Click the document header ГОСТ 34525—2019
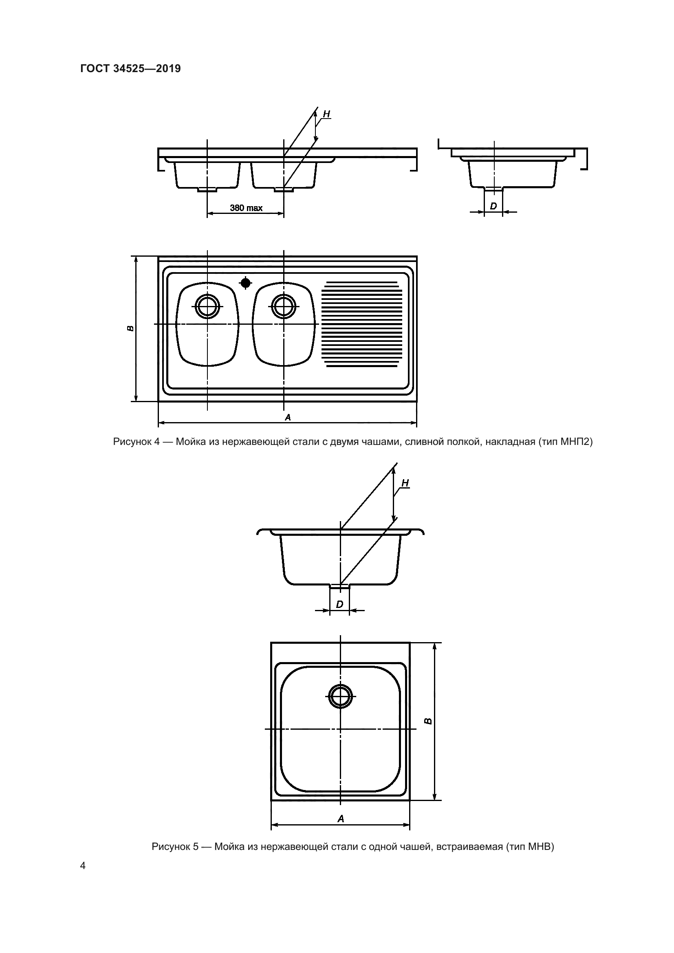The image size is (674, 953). pyautogui.click(x=130, y=68)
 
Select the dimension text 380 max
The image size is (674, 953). pyautogui.click(x=246, y=207)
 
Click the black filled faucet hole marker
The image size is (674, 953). pyautogui.click(x=246, y=283)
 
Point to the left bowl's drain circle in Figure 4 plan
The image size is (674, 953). pyautogui.click(x=207, y=307)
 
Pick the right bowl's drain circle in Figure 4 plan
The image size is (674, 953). pyautogui.click(x=284, y=307)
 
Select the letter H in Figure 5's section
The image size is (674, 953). pyautogui.click(x=405, y=483)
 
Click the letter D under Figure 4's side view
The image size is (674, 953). pyautogui.click(x=493, y=206)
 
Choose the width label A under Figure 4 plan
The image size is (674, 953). pyautogui.click(x=288, y=417)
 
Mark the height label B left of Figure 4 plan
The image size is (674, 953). pyautogui.click(x=130, y=328)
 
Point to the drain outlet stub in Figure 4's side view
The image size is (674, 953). pyautogui.click(x=493, y=190)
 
